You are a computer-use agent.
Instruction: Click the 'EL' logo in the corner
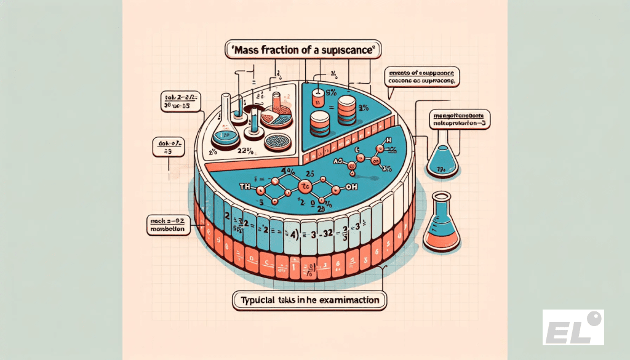(x=573, y=327)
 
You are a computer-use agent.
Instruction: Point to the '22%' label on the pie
(x=245, y=151)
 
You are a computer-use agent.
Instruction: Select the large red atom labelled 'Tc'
(x=304, y=185)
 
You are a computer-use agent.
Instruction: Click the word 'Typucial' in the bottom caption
(x=257, y=301)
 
